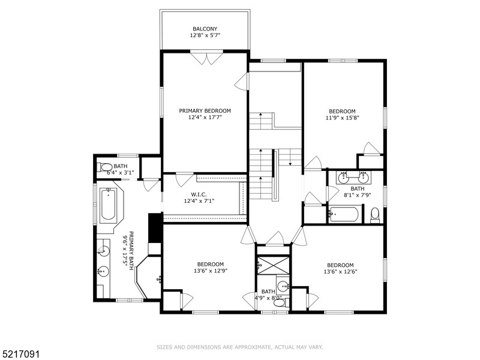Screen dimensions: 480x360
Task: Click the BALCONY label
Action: coord(205,29)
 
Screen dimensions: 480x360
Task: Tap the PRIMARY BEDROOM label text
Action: coord(205,111)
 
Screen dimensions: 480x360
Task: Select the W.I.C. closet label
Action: coord(199,194)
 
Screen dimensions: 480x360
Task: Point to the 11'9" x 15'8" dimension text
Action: coord(342,118)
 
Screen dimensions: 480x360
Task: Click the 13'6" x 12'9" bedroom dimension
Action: coord(211,271)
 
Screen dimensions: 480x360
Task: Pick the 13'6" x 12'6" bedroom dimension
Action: coord(340,272)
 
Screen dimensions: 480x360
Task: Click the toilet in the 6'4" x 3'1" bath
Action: coord(105,167)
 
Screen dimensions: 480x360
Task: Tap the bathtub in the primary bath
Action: coord(109,205)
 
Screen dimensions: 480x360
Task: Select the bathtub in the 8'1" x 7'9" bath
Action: coord(344,214)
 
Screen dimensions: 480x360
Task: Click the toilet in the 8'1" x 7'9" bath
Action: coord(374,215)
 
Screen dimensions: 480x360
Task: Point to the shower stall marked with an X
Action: coord(273,265)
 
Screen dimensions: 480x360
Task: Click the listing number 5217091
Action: coord(20,355)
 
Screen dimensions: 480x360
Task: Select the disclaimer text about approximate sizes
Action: coord(239,347)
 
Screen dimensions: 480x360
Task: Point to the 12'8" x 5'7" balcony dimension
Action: coord(205,35)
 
